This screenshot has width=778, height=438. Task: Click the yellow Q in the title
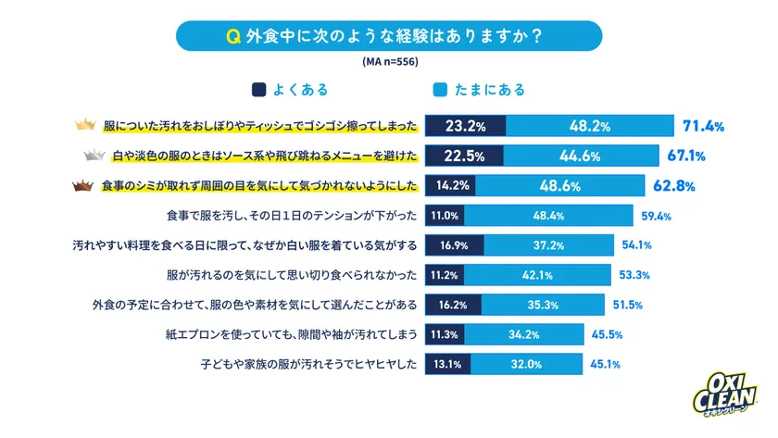pos(235,37)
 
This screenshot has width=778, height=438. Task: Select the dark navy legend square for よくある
pos(258,90)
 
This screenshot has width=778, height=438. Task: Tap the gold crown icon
pos(85,125)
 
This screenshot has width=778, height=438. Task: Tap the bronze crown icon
pos(85,185)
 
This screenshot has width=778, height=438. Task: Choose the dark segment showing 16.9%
pos(454,245)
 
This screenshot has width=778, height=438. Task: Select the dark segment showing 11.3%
pos(445,333)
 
